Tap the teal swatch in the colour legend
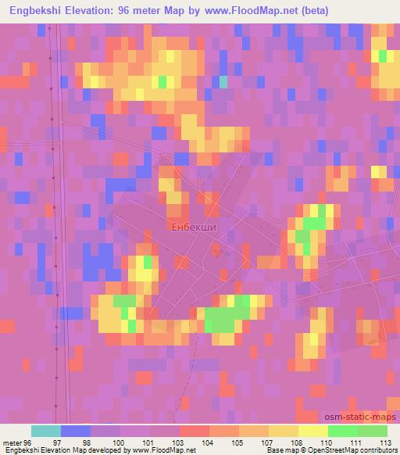click(x=46, y=430)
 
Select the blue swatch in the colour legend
click(x=76, y=430)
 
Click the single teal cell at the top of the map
click(x=223, y=81)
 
